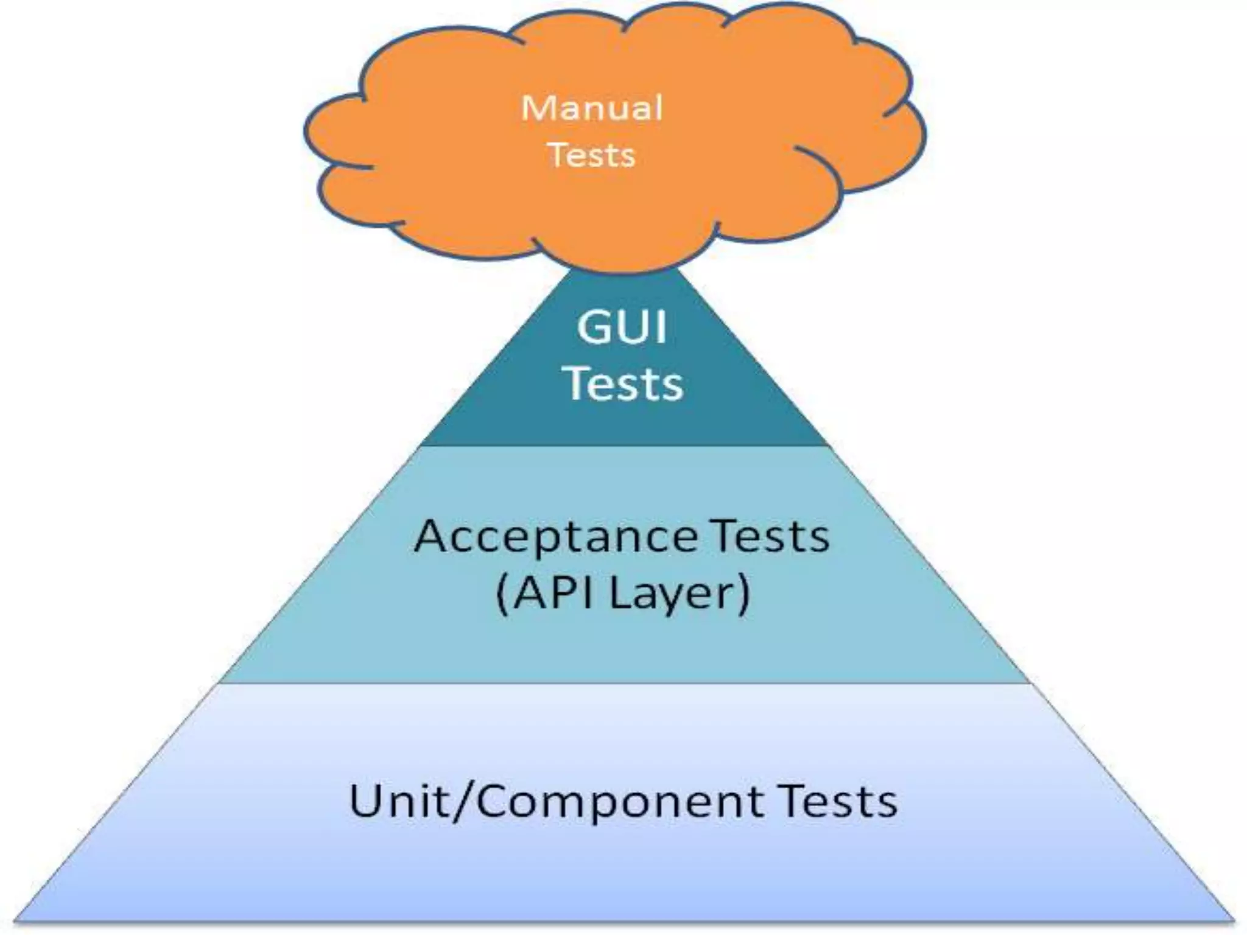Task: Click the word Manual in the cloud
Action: point(592,108)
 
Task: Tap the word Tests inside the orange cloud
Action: point(592,155)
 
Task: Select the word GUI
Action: point(622,327)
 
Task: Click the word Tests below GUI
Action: point(625,383)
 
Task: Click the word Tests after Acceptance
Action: point(771,536)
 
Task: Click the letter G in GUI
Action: point(594,327)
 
